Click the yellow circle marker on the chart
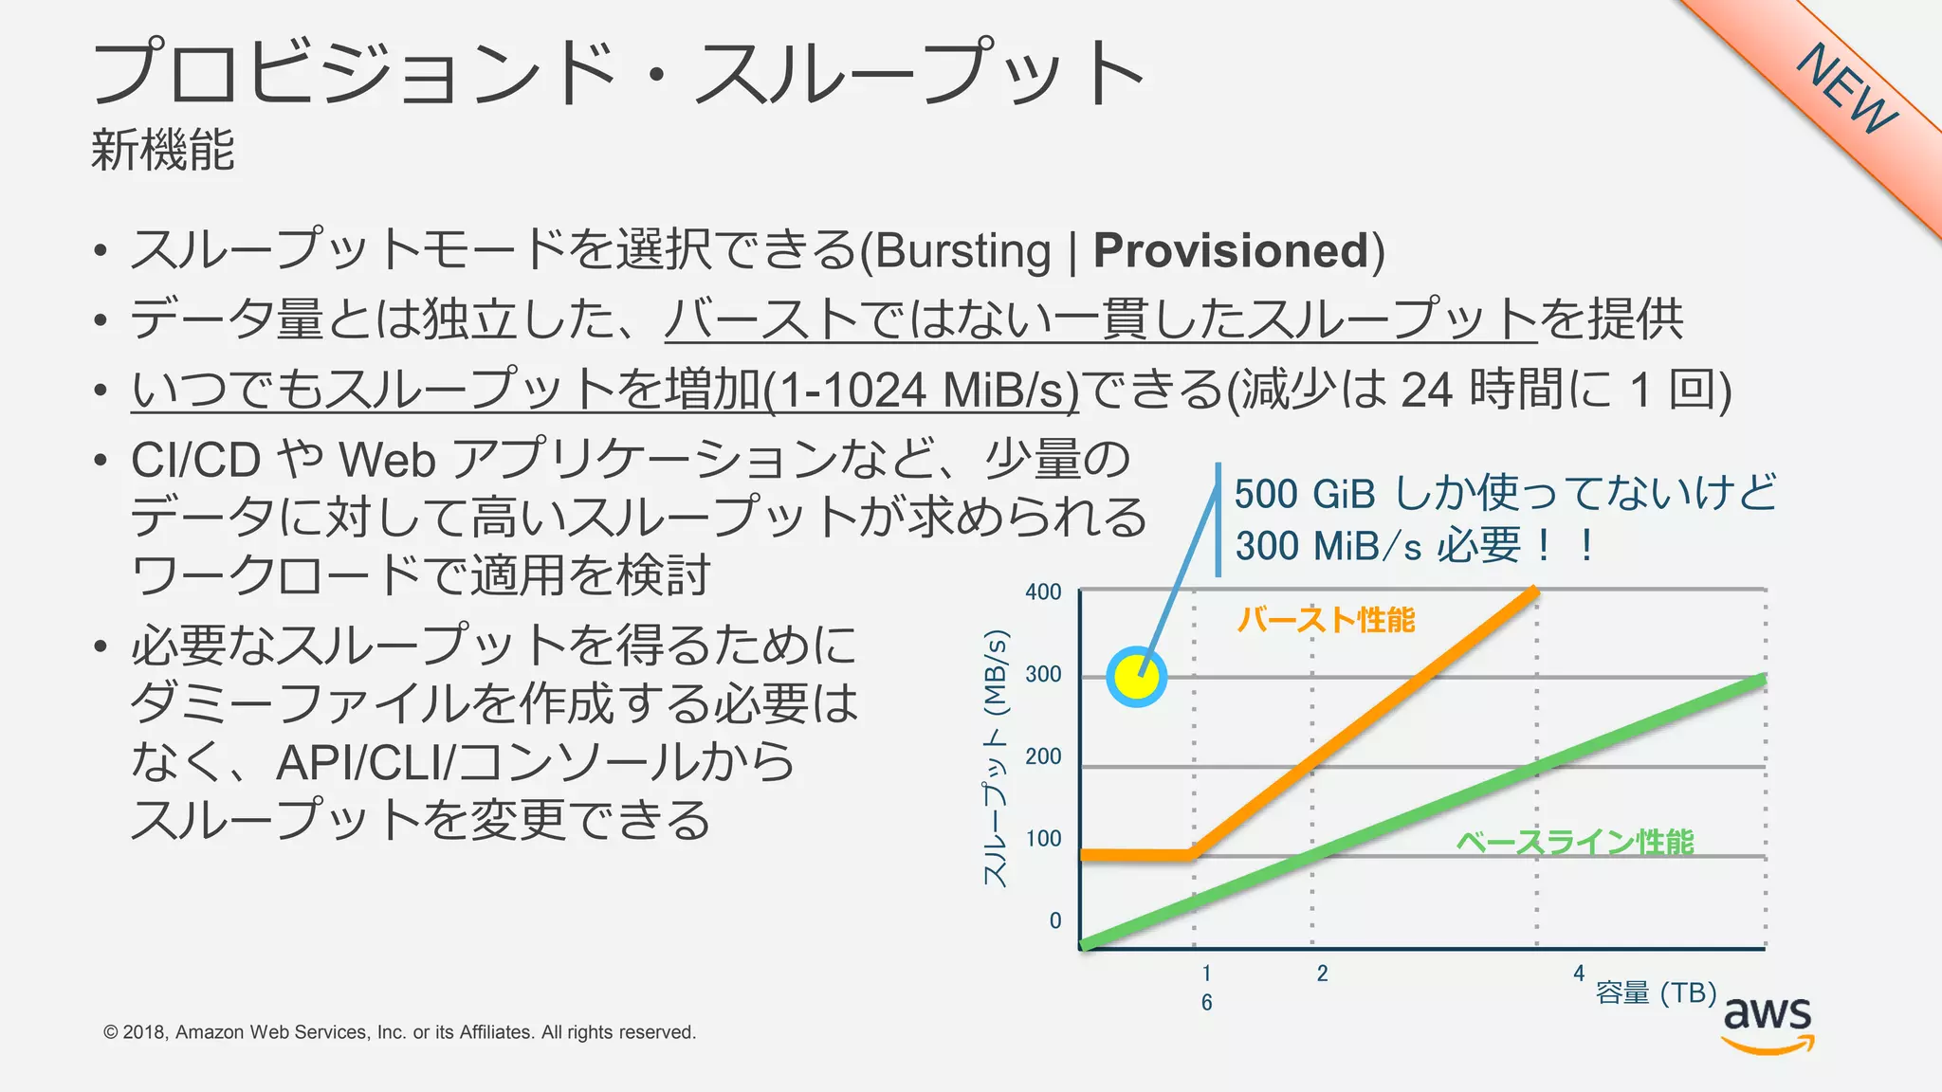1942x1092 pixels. (1136, 677)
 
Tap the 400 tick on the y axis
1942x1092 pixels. (1043, 592)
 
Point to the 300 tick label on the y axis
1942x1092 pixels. (1043, 675)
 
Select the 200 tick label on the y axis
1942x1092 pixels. (1043, 756)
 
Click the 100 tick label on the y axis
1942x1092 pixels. (1043, 839)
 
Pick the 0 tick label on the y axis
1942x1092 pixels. (1054, 920)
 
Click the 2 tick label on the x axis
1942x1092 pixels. (1322, 974)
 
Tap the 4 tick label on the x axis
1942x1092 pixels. (1579, 973)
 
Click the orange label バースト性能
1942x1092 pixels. (1326, 620)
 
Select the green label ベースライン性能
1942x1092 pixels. (1575, 842)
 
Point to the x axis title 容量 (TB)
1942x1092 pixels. (1656, 992)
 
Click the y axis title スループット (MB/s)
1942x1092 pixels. (995, 758)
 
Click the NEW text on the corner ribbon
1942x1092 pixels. (1847, 89)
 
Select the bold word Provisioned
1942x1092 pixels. (1230, 251)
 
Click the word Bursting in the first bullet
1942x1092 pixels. (962, 251)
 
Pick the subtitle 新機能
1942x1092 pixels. (162, 150)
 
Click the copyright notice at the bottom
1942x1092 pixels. (399, 1032)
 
